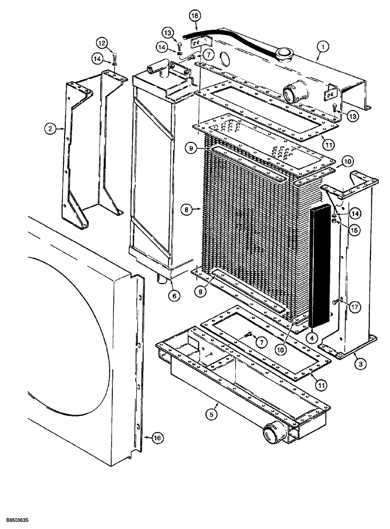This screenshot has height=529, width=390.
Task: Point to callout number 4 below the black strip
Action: (313, 337)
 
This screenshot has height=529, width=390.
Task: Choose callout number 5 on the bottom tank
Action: (212, 415)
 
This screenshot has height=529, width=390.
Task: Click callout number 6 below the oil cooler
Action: (173, 296)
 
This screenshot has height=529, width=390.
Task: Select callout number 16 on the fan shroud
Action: (157, 437)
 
